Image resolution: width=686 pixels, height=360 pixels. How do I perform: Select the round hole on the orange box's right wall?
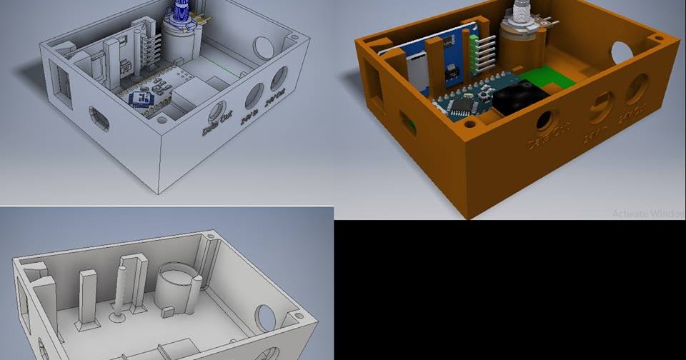(621, 52)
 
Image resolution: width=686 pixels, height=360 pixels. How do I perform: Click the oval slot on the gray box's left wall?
(99, 119)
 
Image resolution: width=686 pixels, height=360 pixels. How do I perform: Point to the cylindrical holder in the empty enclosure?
(176, 286)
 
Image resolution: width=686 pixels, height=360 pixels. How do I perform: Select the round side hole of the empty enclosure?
(267, 318)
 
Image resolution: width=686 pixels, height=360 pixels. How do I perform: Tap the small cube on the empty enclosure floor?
(168, 311)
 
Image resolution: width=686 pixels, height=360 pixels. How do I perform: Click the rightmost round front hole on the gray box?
(279, 79)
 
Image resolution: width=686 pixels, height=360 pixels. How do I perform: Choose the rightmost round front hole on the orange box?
(637, 89)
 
